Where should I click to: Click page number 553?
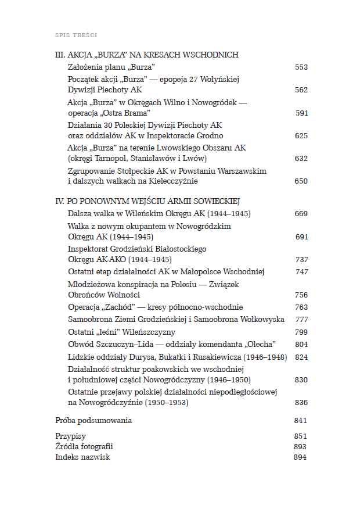[301, 67]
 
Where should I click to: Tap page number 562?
[301, 90]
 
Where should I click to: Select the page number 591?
[301, 113]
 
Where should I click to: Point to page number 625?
[301, 135]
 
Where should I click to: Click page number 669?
[301, 214]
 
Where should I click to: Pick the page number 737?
[301, 259]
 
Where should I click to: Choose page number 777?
[301, 320]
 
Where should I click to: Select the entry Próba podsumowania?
[93, 420]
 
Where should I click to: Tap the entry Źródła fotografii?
[84, 446]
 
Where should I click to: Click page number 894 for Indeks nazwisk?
[300, 457]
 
